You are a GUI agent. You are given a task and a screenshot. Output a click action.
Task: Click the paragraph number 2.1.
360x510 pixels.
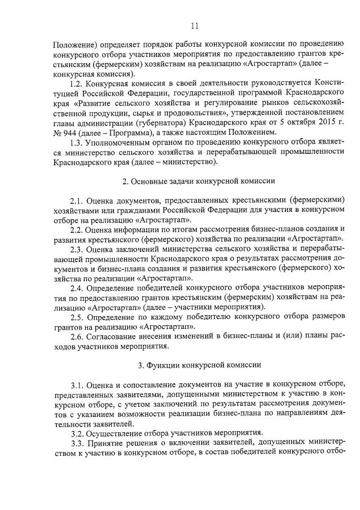77,201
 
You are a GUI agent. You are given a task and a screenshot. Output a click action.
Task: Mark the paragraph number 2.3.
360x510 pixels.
77,250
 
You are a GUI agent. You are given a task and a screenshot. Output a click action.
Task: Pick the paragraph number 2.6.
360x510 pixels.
77,336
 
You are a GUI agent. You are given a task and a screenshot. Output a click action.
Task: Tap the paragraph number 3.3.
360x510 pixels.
77,444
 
